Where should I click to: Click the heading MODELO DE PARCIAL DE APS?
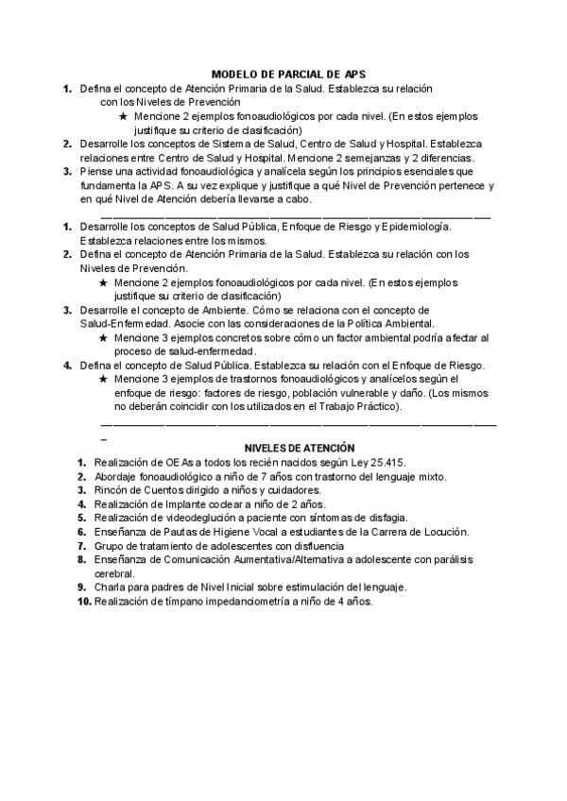point(287,73)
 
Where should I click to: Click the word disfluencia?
point(314,546)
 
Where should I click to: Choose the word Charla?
point(111,587)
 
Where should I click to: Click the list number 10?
point(83,601)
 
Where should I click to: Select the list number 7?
point(83,546)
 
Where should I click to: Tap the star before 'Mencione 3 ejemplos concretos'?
point(103,337)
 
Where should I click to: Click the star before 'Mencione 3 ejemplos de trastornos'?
point(103,379)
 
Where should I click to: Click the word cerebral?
point(114,573)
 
